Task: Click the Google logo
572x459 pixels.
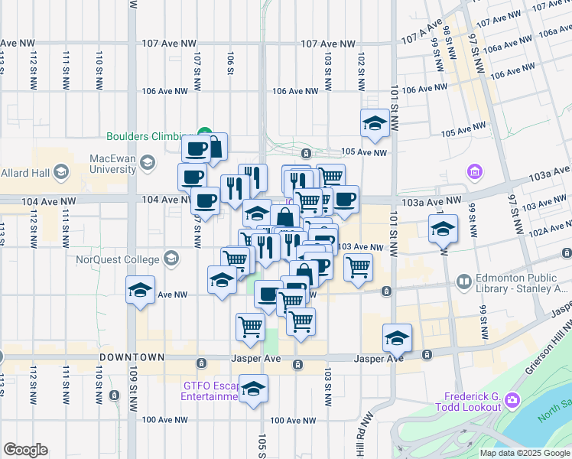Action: [25, 450]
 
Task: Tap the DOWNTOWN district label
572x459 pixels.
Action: [132, 357]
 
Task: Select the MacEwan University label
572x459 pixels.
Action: [112, 163]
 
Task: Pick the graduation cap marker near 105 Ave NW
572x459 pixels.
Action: [375, 124]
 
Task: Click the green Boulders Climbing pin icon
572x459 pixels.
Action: [204, 132]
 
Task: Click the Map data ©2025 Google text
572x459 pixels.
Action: [525, 453]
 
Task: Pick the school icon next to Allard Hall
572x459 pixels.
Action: [60, 172]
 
